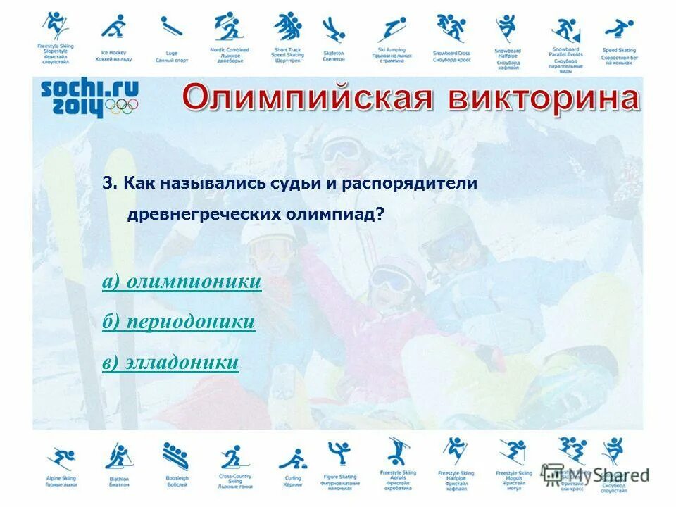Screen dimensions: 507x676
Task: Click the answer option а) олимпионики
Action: pyautogui.click(x=182, y=282)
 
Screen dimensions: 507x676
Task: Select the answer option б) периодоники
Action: pyautogui.click(x=178, y=323)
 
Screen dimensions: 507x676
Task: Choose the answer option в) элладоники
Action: pyautogui.click(x=170, y=363)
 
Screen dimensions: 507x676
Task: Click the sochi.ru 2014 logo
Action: pyautogui.click(x=89, y=97)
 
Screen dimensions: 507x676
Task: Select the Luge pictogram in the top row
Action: pyautogui.click(x=170, y=28)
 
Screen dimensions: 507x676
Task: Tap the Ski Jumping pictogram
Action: pyautogui.click(x=392, y=30)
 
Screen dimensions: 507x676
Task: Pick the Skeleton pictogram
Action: pyautogui.click(x=333, y=30)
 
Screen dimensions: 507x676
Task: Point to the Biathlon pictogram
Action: pyautogui.click(x=118, y=456)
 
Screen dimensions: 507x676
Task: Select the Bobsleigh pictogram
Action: pyautogui.click(x=176, y=456)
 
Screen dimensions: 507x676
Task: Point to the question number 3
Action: pyautogui.click(x=108, y=183)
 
